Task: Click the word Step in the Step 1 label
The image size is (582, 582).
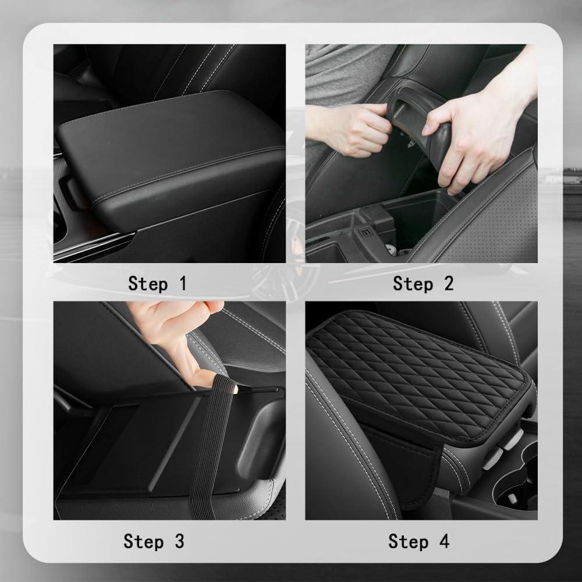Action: [x=147, y=284]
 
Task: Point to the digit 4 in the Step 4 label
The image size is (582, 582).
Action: [x=443, y=541]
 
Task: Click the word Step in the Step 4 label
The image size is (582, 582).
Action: [x=408, y=541]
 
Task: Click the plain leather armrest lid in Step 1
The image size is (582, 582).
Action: [x=169, y=145]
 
